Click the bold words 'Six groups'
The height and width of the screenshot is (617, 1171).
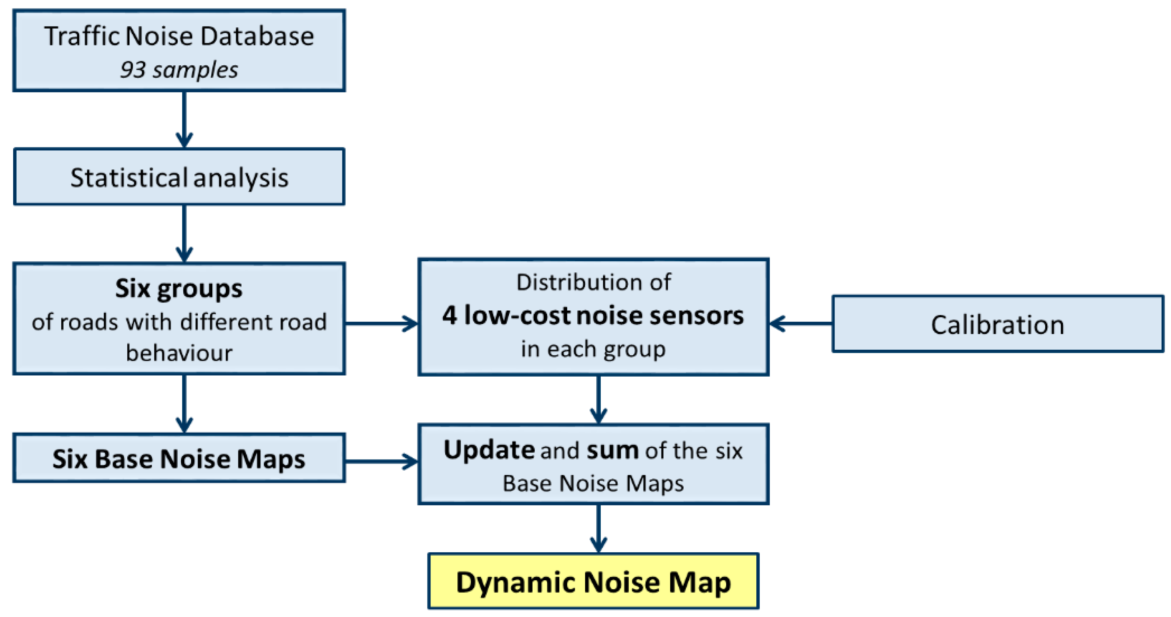pos(179,288)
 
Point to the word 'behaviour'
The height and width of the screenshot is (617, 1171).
pos(179,353)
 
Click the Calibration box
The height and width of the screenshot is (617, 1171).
pos(997,324)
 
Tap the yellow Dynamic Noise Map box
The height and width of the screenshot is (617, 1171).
pos(593,582)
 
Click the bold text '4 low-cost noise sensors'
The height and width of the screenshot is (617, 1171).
pos(593,315)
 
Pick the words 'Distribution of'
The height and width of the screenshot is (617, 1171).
pos(593,282)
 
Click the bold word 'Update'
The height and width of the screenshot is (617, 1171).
pos(489,450)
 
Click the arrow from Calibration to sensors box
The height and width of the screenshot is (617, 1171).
pos(801,324)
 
